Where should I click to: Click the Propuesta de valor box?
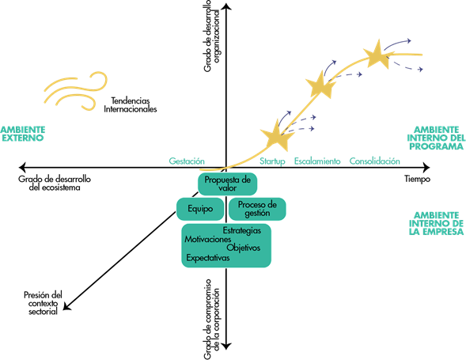click(227, 184)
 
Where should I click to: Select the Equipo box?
click(200, 209)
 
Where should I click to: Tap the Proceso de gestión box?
click(257, 209)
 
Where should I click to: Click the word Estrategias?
click(242, 231)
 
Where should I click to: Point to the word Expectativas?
click(208, 257)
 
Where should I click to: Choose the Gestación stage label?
click(187, 161)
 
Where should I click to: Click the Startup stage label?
click(272, 161)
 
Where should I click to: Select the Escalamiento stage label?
click(317, 161)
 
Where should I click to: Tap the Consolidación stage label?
click(374, 161)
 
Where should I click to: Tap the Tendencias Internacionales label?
click(131, 105)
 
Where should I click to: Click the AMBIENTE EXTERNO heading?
click(23, 134)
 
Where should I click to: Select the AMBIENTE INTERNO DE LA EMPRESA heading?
click(436, 224)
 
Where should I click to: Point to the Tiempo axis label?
click(417, 179)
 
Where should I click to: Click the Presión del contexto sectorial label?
click(43, 303)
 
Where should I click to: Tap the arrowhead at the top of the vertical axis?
click(226, 6)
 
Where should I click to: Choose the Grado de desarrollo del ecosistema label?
click(55, 184)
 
